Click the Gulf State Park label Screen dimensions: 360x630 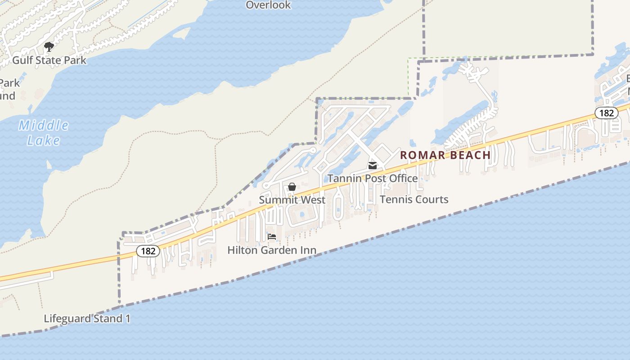tap(49, 60)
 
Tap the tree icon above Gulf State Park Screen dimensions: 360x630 tap(49, 46)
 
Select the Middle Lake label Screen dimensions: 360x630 tap(44, 133)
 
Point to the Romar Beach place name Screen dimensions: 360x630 tap(445, 155)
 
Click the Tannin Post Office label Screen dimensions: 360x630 tap(373, 178)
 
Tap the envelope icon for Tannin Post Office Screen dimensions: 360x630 tap(373, 166)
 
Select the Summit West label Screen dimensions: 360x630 tap(292, 199)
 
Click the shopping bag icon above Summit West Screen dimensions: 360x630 tap(292, 187)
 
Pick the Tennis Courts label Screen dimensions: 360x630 tap(414, 199)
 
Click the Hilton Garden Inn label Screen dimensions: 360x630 tap(272, 250)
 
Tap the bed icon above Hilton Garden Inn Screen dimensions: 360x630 tap(272, 237)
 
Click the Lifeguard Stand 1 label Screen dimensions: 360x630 tap(87, 319)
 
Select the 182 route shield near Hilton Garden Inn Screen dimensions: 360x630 tap(148, 251)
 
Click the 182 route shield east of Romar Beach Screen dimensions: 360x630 tap(606, 112)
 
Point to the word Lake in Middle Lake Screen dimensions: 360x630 tap(44, 140)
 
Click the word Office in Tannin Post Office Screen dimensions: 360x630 tap(403, 178)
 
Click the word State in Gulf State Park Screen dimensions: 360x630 tap(50, 60)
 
